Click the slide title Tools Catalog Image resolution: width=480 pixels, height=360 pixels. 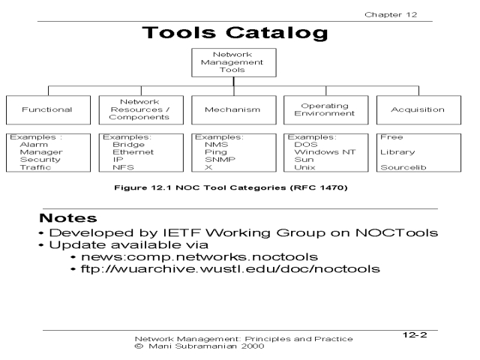pos(234,34)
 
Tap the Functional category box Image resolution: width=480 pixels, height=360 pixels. pos(47,109)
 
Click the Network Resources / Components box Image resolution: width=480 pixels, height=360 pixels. pos(140,109)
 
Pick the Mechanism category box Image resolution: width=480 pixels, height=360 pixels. pos(232,109)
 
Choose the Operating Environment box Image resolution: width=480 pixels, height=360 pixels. pos(325,109)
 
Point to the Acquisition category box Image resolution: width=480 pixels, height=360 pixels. pos(418,109)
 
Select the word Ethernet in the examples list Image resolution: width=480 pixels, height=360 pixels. pos(133,152)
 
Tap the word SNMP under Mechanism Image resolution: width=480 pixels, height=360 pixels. pos(217,160)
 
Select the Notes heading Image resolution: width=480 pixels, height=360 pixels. pos(69,218)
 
